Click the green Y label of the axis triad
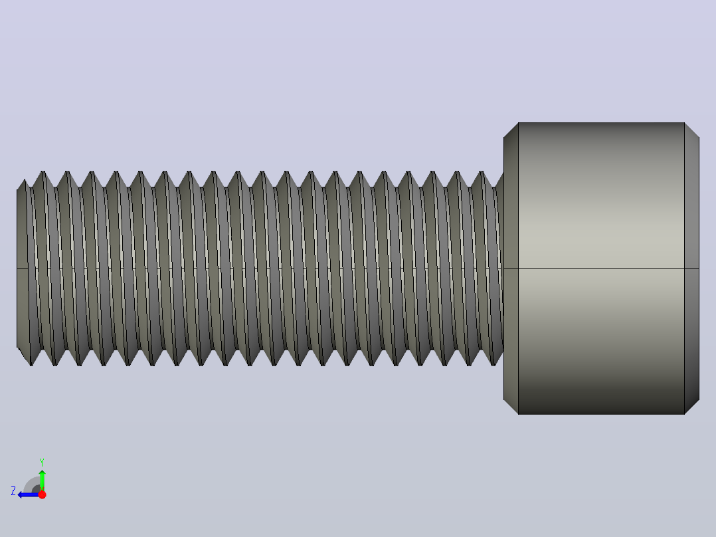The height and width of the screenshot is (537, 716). coord(42,462)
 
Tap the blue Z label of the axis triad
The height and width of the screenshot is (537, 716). coord(13,491)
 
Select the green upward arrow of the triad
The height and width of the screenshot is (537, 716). coord(42,481)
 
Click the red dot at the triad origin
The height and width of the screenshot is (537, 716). coord(42,494)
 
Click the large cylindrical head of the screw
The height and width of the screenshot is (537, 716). coord(601,268)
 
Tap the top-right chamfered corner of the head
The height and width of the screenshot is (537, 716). coord(692,130)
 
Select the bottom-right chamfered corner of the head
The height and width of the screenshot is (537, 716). coord(692,407)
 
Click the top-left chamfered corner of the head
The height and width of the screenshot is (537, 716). coord(511,130)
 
